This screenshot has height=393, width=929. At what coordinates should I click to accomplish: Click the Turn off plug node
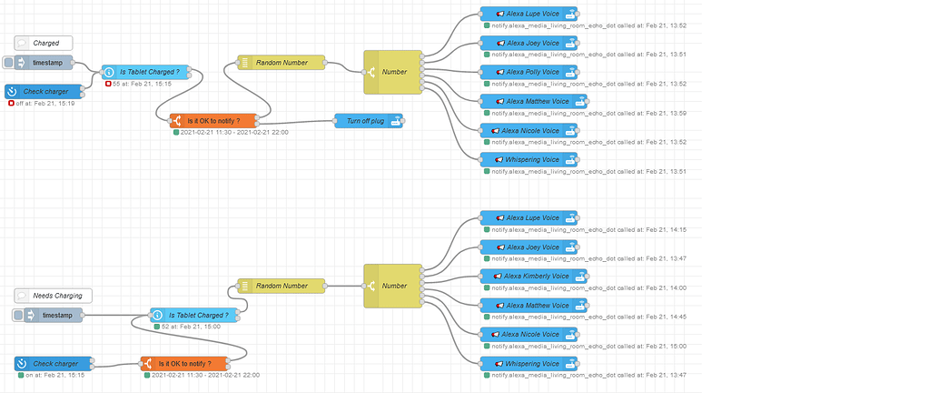pos(369,121)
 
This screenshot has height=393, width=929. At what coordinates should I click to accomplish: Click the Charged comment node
pos(44,43)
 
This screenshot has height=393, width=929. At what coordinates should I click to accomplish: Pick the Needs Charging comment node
pos(54,296)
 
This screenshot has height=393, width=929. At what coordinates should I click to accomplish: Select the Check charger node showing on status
pos(53,363)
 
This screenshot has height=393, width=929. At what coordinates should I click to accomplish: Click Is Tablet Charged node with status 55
pos(144,71)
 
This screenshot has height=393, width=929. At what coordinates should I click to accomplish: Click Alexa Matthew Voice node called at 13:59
pos(534,101)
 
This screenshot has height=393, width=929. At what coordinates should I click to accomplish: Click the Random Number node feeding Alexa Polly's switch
pos(282,63)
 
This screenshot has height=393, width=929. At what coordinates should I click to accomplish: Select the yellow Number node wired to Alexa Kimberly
pos(393,286)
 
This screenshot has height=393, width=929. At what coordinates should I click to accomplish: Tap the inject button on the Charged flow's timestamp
pos(9,63)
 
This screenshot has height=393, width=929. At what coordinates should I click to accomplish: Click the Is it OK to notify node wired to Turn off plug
pos(213,120)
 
